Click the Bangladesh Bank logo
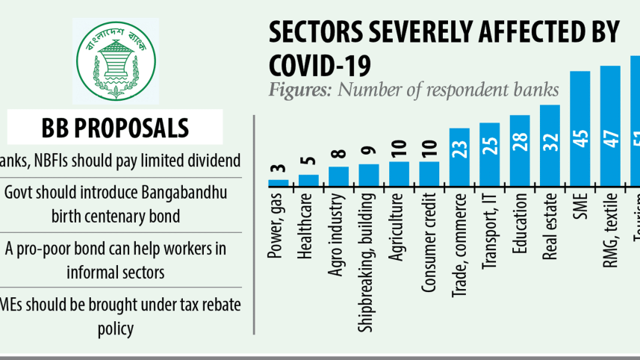(x=115, y=60)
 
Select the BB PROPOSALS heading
(x=115, y=127)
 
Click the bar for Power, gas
(x=279, y=182)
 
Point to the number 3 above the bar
(x=278, y=169)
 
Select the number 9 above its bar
(x=369, y=152)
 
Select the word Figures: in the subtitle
(x=302, y=90)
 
